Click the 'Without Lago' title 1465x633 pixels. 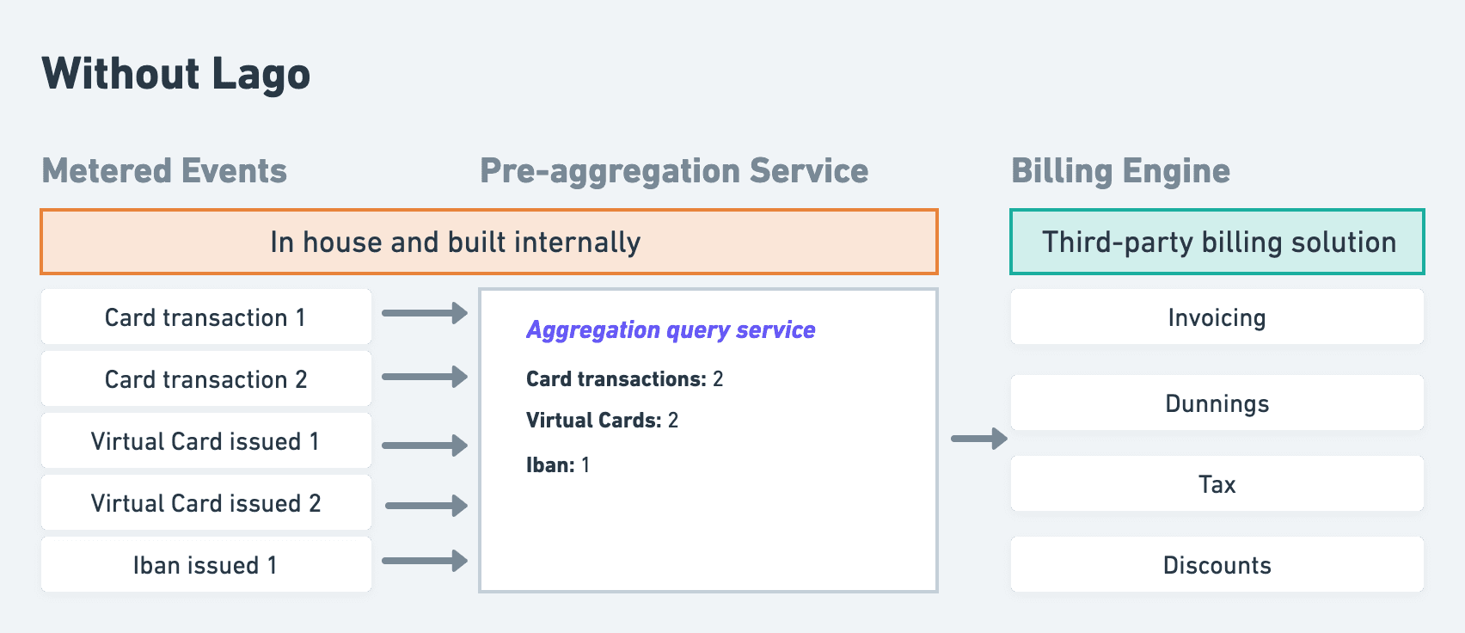(175, 74)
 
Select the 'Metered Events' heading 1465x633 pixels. (164, 171)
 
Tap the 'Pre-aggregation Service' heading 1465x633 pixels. (674, 171)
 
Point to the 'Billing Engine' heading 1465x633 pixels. (1120, 171)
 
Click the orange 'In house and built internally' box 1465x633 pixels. (488, 242)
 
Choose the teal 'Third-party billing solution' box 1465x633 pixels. (1217, 242)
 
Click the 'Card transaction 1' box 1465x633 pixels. (205, 317)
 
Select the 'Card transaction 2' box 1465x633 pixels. (205, 379)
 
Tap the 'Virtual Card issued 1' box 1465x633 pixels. (205, 441)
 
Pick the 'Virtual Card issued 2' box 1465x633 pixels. (205, 503)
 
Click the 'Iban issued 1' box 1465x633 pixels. (205, 565)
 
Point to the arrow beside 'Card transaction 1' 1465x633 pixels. (425, 313)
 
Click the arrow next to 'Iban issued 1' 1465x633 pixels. (425, 561)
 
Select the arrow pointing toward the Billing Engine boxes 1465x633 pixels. (978, 439)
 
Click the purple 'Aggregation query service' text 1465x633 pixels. (671, 330)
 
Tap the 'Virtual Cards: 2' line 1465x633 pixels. (602, 421)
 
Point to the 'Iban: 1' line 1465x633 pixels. (557, 465)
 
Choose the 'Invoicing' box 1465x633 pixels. (1217, 317)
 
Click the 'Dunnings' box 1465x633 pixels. (1217, 403)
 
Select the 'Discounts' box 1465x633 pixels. (1217, 565)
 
